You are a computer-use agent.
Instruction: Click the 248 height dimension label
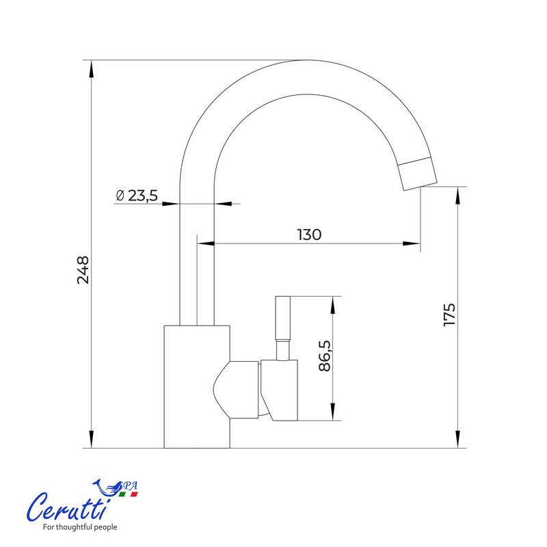[83, 270]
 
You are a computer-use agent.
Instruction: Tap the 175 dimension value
[449, 315]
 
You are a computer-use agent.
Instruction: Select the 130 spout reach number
[310, 235]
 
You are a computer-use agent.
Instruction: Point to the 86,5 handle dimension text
[324, 356]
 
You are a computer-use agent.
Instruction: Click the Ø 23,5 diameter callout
[137, 196]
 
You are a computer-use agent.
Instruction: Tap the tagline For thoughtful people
[80, 527]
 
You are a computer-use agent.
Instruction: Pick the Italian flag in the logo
[128, 494]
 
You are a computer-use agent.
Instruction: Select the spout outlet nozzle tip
[418, 174]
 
